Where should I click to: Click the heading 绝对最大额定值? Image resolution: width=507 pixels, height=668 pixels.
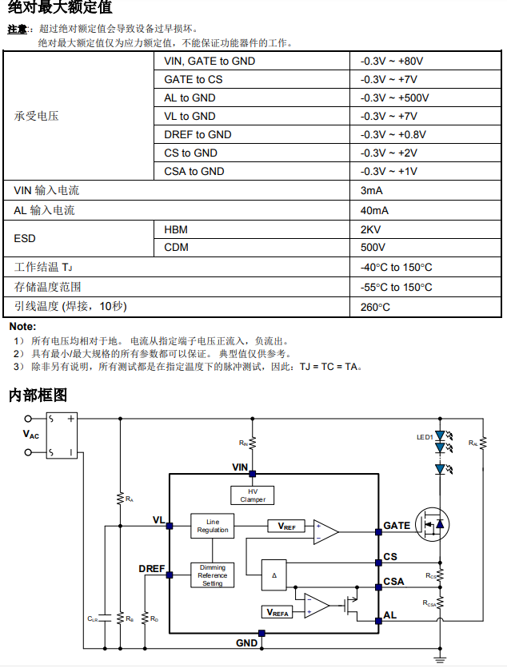[61, 8]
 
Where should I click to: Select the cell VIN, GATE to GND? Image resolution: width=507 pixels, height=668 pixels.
[210, 62]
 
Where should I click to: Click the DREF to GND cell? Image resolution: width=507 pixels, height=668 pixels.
[198, 135]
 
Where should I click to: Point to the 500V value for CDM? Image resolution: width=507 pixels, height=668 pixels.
[373, 248]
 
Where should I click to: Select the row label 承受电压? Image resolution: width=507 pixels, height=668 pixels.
[37, 117]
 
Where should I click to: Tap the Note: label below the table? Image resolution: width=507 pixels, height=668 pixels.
[22, 327]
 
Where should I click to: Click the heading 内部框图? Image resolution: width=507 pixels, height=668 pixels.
[38, 395]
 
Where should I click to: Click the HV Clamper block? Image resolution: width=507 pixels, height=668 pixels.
[253, 495]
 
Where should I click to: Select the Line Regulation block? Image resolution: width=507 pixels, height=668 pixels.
[213, 526]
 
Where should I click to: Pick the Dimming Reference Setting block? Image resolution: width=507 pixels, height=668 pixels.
[213, 575]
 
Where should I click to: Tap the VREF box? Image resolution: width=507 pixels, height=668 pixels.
[286, 527]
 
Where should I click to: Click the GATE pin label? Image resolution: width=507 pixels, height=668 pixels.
[397, 526]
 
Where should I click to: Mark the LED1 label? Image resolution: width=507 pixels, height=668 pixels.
[424, 437]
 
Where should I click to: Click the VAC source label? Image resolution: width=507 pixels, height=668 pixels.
[30, 435]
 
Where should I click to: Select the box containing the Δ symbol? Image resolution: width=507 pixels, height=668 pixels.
[273, 575]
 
